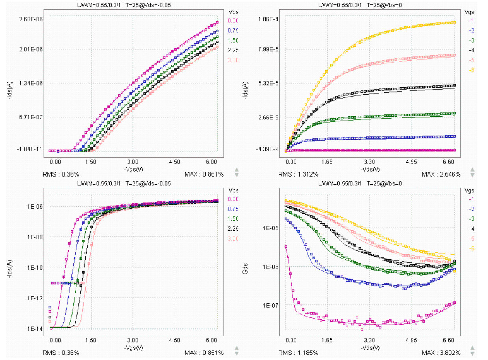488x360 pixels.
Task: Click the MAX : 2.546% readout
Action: point(441,174)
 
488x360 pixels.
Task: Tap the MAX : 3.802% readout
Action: point(441,353)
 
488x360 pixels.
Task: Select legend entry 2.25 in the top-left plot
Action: point(233,50)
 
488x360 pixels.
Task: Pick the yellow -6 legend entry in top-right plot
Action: point(471,70)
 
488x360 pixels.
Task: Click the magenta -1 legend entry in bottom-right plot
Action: point(471,199)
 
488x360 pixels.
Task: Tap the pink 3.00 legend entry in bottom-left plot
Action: point(233,239)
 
